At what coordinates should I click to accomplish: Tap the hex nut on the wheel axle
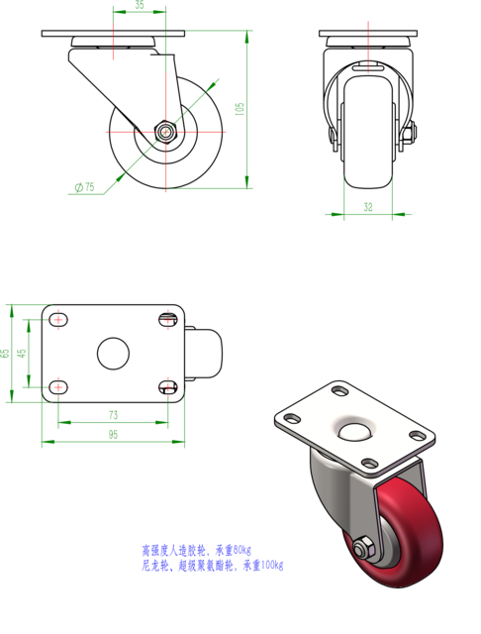(361, 547)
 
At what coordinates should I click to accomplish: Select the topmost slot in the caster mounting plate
(339, 392)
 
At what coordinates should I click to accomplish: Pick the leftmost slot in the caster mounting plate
(292, 418)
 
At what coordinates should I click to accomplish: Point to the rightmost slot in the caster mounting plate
(417, 436)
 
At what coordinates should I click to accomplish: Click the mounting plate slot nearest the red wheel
(369, 463)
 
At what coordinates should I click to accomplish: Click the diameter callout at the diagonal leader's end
(85, 186)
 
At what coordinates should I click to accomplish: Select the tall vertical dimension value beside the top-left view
(240, 108)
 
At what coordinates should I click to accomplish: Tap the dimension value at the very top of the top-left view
(139, 6)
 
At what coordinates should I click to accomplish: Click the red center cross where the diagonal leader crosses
(165, 132)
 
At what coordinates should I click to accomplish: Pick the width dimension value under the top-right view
(368, 208)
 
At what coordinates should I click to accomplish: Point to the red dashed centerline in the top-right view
(368, 46)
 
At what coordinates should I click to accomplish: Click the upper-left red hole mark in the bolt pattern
(58, 319)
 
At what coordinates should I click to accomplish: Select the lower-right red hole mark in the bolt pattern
(168, 383)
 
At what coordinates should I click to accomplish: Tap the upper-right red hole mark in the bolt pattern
(168, 319)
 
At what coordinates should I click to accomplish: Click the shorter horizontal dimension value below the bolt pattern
(113, 415)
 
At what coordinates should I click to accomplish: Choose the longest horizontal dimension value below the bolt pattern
(113, 435)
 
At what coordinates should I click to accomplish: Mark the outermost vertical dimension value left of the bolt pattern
(5, 353)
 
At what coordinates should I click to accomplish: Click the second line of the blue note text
(213, 567)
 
